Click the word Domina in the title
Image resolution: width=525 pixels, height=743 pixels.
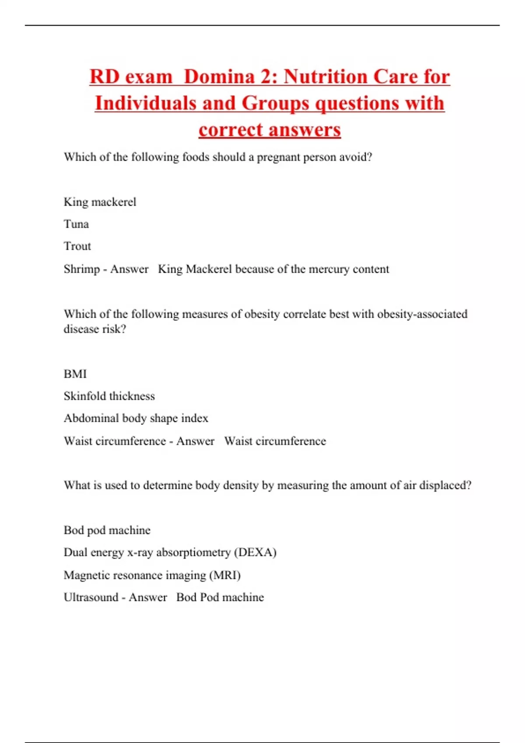[219, 77]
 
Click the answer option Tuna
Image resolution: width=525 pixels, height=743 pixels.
[76, 224]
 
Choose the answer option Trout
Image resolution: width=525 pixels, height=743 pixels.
[77, 247]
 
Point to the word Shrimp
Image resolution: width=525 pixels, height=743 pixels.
[82, 269]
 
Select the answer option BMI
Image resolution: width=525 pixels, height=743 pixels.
[75, 374]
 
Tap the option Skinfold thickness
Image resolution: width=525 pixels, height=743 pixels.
[109, 396]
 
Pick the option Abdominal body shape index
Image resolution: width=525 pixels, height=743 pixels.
[136, 419]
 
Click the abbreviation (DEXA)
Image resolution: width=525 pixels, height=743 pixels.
[255, 552]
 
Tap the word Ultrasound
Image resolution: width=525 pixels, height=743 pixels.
[91, 597]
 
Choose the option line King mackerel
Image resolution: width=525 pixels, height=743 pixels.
[100, 202]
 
